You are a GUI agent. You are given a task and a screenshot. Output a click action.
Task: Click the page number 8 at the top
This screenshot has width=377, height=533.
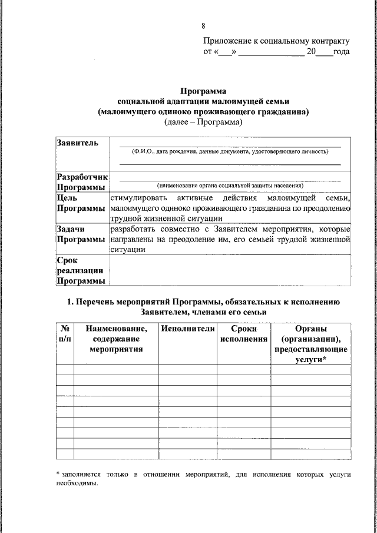203,27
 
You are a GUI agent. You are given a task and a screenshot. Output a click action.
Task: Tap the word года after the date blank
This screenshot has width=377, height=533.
341,52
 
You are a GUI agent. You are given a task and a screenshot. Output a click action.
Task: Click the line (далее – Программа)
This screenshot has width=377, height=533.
203,122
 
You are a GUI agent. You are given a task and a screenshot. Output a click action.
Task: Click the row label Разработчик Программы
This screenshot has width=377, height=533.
82,182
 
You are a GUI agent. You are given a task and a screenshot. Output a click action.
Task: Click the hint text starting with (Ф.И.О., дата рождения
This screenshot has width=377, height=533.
230,151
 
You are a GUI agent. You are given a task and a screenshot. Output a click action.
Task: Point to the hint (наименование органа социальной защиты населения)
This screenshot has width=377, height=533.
230,185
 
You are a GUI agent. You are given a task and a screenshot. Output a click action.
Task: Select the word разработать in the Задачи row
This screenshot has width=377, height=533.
135,229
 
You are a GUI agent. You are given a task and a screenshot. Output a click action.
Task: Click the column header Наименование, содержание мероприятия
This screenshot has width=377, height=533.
116,339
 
